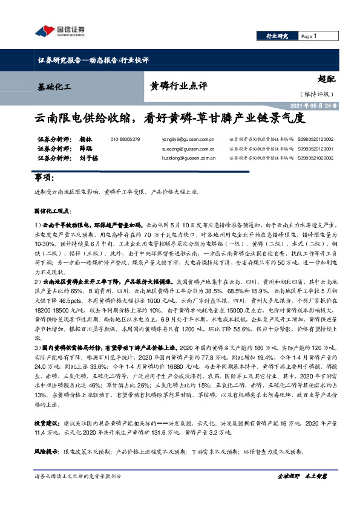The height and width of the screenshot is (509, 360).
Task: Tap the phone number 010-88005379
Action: [125, 139]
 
